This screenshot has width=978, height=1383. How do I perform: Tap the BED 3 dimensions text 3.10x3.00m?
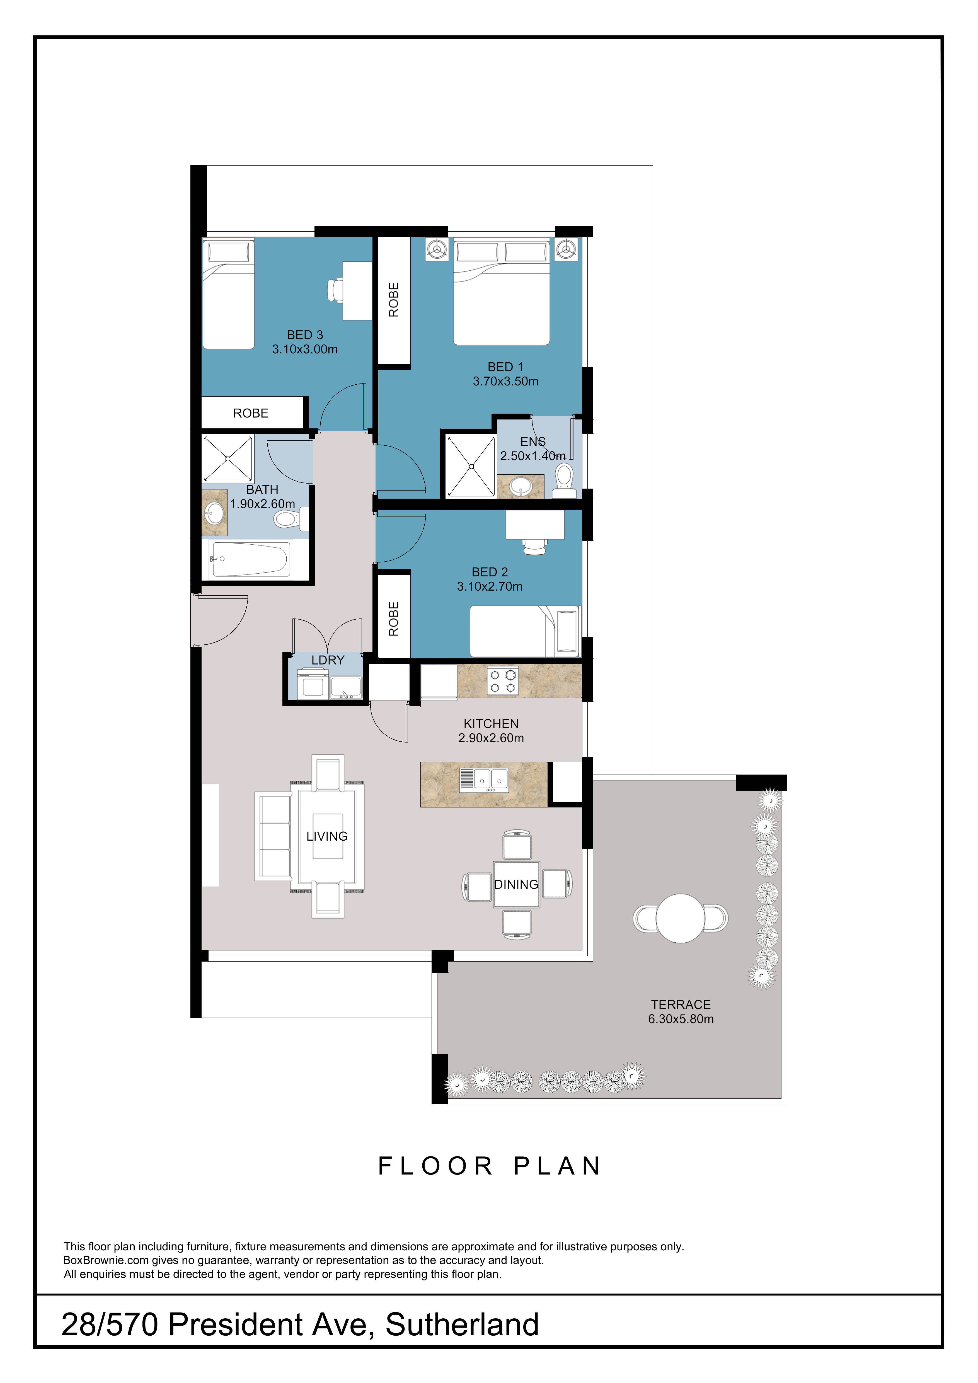point(305,349)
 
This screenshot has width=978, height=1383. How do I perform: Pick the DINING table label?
point(516,884)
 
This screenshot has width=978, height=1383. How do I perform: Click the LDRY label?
point(328,660)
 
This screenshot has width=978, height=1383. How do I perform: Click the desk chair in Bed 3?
point(336,290)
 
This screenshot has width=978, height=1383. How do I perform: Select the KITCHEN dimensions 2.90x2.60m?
point(491,738)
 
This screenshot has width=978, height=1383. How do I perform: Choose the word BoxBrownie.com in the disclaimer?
point(106,1260)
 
